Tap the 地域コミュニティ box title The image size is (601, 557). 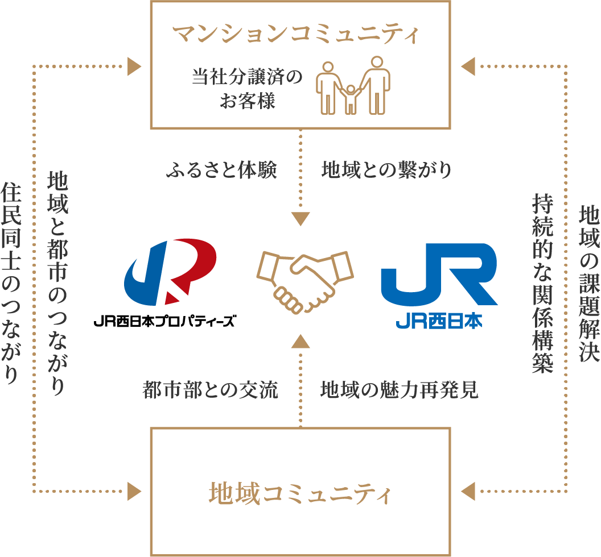300,493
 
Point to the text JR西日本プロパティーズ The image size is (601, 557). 164,321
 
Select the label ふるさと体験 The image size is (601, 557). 221,170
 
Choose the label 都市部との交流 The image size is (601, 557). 210,390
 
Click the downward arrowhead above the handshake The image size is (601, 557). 300,218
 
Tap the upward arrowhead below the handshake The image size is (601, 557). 300,341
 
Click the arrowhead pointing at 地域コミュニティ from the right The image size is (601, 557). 468,489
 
